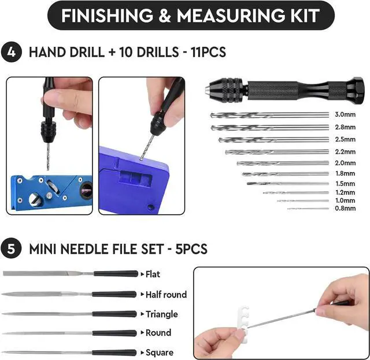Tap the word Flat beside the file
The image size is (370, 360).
(x=153, y=274)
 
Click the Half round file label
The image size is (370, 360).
(x=166, y=294)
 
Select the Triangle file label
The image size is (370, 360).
(x=161, y=314)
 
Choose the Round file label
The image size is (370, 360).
(x=158, y=333)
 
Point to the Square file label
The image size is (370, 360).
(x=159, y=352)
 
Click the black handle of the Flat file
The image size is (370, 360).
(x=116, y=274)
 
